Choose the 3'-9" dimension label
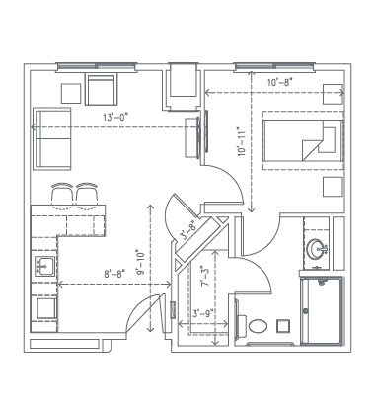204,315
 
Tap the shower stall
319,309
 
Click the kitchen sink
43,266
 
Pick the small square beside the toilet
284,323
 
